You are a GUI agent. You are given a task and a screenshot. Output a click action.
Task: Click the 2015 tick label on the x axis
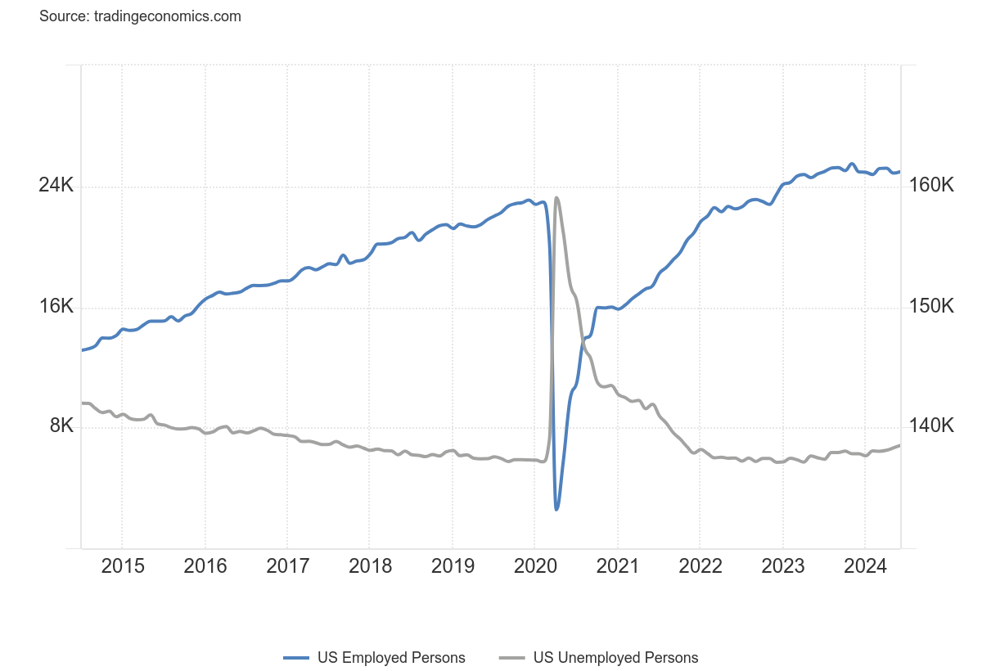tap(122, 566)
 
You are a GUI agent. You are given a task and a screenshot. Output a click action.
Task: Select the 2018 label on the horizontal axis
tap(369, 566)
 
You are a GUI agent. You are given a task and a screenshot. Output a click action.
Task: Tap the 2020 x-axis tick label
tap(534, 566)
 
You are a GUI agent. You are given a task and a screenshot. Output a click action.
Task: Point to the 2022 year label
tap(700, 566)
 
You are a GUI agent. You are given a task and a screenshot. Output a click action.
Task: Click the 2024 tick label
tap(865, 566)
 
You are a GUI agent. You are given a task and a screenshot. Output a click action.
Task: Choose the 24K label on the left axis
tap(56, 186)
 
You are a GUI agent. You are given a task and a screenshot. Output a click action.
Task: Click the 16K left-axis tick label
tap(56, 306)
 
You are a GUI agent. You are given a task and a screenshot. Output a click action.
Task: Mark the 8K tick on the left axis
tap(61, 426)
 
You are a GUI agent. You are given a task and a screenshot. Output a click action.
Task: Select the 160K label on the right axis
tap(931, 186)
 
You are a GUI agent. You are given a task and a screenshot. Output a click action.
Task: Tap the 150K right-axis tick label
tap(931, 306)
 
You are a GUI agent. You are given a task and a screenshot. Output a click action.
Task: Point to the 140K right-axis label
tap(931, 426)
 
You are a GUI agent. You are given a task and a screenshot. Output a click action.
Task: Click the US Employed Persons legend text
tap(391, 658)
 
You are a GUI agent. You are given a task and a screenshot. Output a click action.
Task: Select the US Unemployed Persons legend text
tap(615, 658)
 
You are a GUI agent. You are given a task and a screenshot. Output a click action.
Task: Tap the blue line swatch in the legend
tap(295, 658)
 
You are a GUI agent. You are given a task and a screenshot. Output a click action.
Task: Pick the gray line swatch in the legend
tap(511, 658)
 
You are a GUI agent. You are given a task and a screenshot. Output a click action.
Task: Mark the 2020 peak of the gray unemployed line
tap(556, 197)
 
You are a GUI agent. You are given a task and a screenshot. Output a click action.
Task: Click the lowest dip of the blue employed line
tap(556, 509)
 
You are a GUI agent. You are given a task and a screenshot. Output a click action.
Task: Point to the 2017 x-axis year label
tap(287, 566)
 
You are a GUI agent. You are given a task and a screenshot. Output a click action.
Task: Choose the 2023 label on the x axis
tap(782, 566)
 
